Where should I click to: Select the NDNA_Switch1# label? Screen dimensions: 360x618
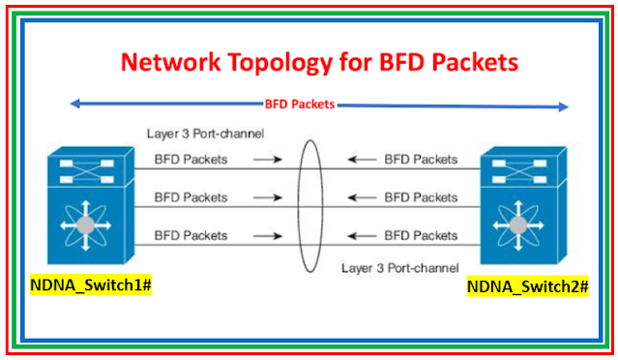pyautogui.click(x=82, y=286)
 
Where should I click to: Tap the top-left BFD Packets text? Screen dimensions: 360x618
pyautogui.click(x=191, y=159)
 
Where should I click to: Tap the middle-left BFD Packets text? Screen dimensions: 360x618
pyautogui.click(x=191, y=196)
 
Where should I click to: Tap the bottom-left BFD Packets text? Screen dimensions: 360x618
pyautogui.click(x=191, y=234)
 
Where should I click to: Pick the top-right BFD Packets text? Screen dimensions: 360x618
pyautogui.click(x=421, y=159)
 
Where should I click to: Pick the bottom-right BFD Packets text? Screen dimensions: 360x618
pyautogui.click(x=421, y=234)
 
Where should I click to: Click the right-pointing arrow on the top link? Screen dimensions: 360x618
pyautogui.click(x=276, y=159)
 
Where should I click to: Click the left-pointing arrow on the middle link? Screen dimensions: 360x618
pyautogui.click(x=361, y=196)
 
